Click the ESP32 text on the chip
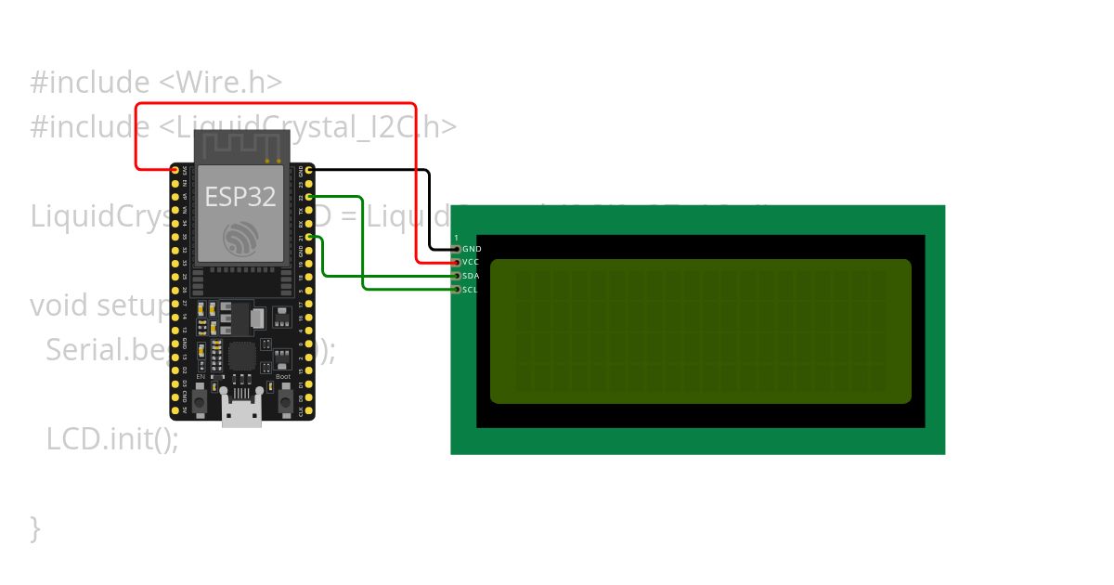[x=240, y=197]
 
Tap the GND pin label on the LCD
[x=472, y=249]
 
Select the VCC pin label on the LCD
[x=472, y=263]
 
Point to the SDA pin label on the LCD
[x=472, y=276]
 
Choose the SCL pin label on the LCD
[x=471, y=290]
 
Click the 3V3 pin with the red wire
[x=175, y=170]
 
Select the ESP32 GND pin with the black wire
[x=309, y=171]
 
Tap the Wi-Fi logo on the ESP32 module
[x=240, y=239]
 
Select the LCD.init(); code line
[x=112, y=438]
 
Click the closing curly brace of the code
[x=35, y=527]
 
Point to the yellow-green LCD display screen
[x=700, y=331]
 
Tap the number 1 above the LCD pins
[x=456, y=239]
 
